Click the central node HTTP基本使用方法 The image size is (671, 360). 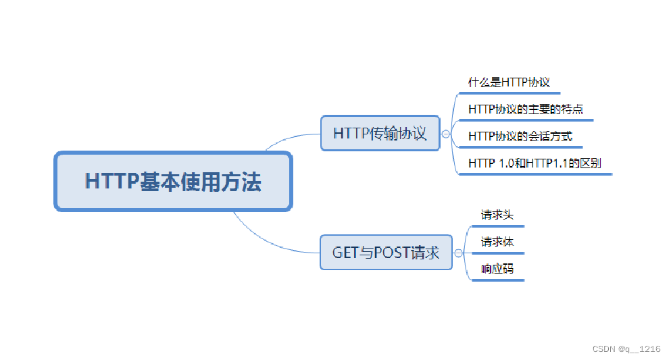173,181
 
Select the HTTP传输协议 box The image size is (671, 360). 380,133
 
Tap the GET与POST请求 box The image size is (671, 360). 386,252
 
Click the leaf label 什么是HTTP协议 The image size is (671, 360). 509,82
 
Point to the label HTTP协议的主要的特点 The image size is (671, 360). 526,109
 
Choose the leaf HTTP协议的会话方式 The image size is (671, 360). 520,136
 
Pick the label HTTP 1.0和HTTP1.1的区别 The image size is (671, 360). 535,163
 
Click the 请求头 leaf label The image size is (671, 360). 497,215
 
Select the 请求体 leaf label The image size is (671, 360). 497,242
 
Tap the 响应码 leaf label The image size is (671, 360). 497,269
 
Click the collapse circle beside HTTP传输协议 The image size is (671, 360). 445,134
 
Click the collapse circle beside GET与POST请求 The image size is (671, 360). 458,253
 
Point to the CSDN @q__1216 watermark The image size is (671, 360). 626,349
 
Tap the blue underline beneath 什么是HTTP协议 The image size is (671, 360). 510,93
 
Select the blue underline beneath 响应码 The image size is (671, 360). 498,280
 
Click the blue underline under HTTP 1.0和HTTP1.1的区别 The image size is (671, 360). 535,174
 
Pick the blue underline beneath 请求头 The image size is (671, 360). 498,226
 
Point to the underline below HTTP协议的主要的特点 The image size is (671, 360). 526,120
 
